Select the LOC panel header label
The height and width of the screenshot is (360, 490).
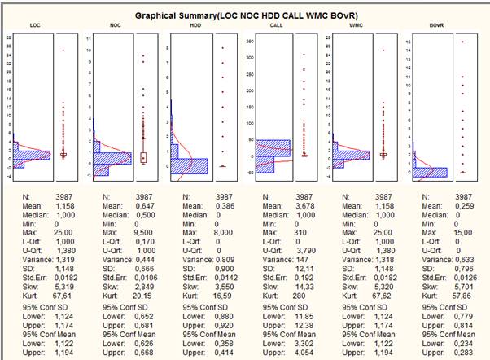pos(34,26)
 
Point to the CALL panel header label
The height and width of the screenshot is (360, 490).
pos(275,26)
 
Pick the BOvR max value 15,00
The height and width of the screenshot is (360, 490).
pos(462,231)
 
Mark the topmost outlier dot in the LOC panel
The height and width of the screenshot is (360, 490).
pos(63,50)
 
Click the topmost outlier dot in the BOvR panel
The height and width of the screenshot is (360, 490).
pos(462,42)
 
